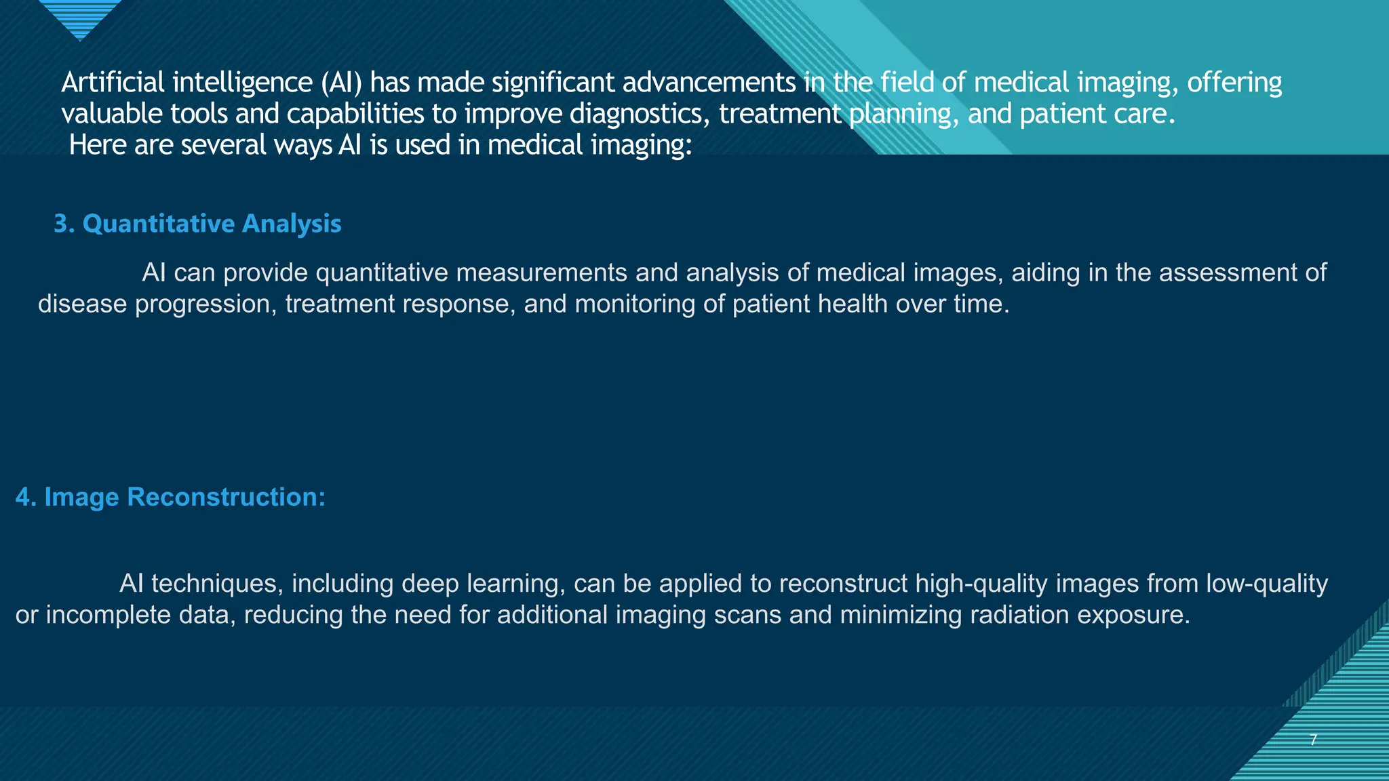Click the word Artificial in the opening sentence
click(x=113, y=83)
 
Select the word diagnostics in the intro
click(x=640, y=114)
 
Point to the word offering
click(x=1234, y=83)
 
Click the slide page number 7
click(x=1313, y=740)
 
